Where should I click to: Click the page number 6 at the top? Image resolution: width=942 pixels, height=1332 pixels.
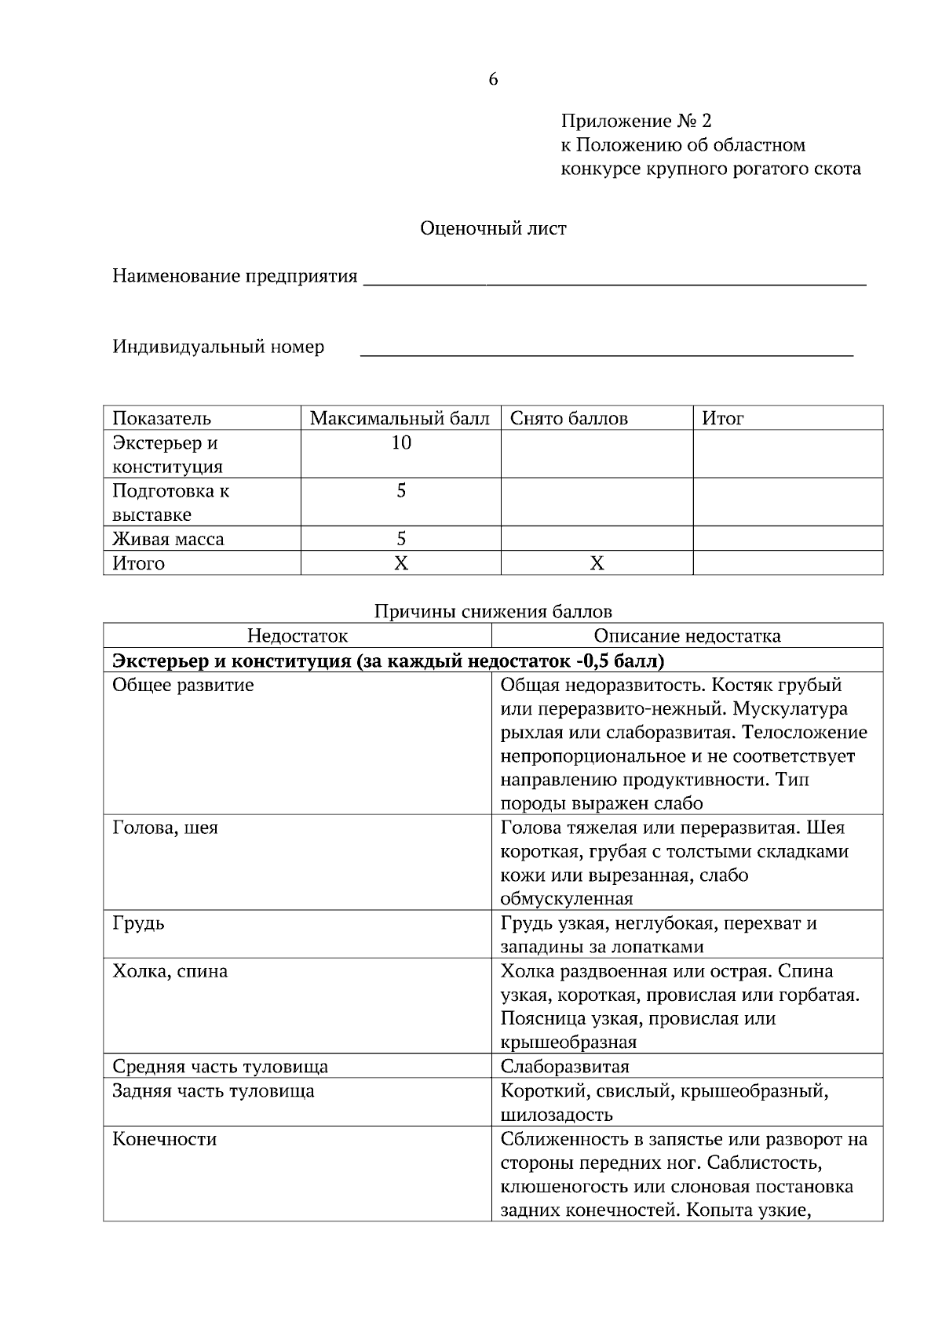click(493, 79)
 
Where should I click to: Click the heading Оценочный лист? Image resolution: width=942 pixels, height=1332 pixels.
click(493, 228)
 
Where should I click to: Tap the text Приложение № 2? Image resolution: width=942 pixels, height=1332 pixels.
click(636, 121)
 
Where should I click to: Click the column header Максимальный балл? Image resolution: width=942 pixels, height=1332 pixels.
click(400, 418)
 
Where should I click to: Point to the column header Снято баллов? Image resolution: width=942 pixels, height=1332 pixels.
click(569, 418)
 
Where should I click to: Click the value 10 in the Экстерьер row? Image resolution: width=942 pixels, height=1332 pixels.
click(401, 442)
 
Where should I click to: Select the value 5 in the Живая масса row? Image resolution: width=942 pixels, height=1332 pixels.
click(401, 539)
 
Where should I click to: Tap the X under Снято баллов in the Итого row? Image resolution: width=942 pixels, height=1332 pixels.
click(597, 563)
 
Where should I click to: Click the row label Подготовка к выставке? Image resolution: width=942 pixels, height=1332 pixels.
click(171, 503)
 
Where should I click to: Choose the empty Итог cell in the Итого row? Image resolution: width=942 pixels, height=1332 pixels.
click(787, 563)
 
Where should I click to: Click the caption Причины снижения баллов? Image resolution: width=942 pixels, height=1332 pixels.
click(493, 611)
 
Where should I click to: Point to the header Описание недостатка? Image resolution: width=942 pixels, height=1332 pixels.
click(687, 635)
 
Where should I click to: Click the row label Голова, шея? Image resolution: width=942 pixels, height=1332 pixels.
click(166, 828)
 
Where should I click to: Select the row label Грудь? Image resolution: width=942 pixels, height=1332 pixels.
click(139, 923)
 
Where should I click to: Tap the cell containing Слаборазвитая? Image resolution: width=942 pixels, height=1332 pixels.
click(565, 1067)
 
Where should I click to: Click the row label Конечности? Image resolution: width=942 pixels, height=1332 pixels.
click(165, 1139)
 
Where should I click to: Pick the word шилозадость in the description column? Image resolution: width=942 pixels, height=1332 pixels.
click(557, 1115)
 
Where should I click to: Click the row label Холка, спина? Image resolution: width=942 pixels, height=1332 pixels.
click(170, 971)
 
